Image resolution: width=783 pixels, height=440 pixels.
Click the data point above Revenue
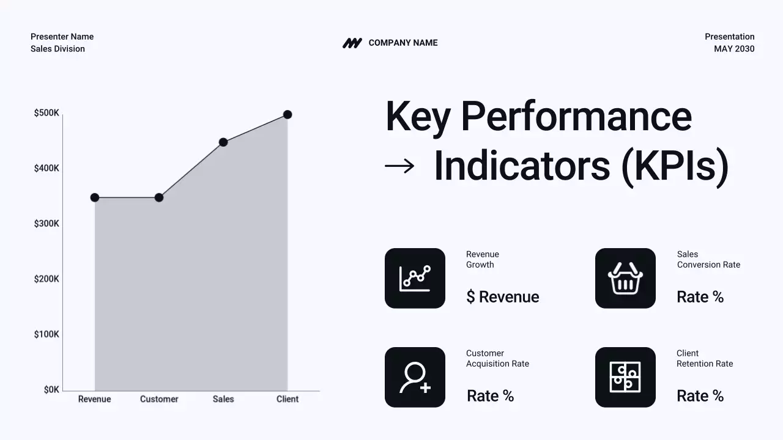pos(95,197)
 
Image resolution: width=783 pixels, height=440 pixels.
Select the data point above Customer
pos(159,197)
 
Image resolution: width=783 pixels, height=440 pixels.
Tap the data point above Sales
pos(223,142)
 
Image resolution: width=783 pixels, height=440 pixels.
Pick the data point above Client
pos(288,114)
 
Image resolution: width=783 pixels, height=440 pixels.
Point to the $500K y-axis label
pos(46,113)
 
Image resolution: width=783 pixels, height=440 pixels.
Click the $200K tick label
pos(46,279)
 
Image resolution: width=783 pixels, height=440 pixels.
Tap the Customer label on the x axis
pos(159,399)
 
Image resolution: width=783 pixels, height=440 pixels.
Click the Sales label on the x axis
pos(223,399)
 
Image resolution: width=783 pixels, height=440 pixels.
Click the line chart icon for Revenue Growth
pos(415,278)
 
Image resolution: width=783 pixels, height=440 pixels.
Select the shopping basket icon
pos(625,278)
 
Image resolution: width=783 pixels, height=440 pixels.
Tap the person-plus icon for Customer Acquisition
pos(415,377)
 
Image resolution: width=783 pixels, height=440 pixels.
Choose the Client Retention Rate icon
pos(625,377)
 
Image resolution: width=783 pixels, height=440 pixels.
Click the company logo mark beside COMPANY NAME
pos(352,43)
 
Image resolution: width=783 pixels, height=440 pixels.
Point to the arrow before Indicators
pos(399,166)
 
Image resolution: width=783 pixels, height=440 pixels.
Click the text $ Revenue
pos(502,297)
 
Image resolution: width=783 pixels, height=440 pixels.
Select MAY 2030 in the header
pos(734,49)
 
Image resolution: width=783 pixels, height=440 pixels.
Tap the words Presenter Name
pos(62,37)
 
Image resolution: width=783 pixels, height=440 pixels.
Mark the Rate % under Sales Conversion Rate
pos(700,297)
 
